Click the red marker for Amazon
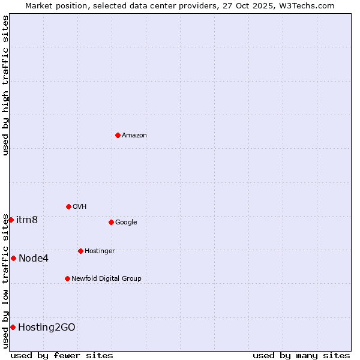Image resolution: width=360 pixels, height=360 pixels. pyautogui.click(x=118, y=135)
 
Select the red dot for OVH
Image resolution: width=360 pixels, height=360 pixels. pyautogui.click(x=68, y=206)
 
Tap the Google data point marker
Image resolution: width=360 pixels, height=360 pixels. pyautogui.click(x=111, y=222)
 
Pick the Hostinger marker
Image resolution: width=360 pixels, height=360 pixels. pyautogui.click(x=80, y=251)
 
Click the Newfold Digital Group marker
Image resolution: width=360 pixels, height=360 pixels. pyautogui.click(x=67, y=278)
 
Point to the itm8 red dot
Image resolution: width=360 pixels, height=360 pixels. pyautogui.click(x=11, y=220)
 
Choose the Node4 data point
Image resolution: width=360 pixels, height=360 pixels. pyautogui.click(x=13, y=258)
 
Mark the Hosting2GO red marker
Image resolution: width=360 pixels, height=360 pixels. pyautogui.click(x=13, y=327)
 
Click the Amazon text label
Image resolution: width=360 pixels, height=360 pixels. pyautogui.click(x=134, y=135)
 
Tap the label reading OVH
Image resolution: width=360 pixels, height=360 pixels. pyautogui.click(x=80, y=206)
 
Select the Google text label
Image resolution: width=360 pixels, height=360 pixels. pyautogui.click(x=126, y=222)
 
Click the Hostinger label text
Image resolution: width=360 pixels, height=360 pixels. pyautogui.click(x=100, y=251)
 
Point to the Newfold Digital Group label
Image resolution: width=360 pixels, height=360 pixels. pyautogui.click(x=106, y=278)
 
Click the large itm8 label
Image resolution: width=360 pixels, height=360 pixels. pyautogui.click(x=27, y=220)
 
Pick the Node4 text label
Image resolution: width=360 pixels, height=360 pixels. pyautogui.click(x=34, y=259)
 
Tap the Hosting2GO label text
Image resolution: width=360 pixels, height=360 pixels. pyautogui.click(x=47, y=327)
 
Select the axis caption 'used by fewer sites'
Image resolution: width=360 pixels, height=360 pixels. pyautogui.click(x=62, y=355)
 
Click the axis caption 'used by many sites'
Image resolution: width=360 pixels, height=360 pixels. pyautogui.click(x=301, y=355)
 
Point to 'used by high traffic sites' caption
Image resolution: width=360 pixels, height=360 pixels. pyautogui.click(x=5, y=85)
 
